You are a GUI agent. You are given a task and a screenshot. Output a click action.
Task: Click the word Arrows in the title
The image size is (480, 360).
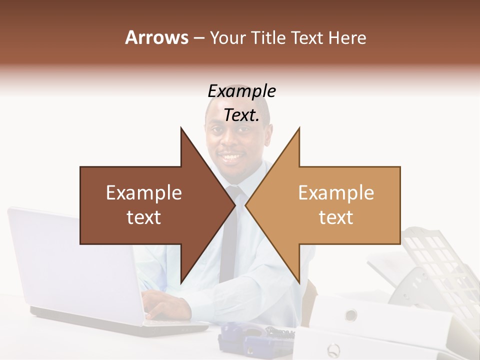pyautogui.click(x=156, y=37)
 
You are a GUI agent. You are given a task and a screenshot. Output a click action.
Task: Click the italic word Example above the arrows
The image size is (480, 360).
pyautogui.click(x=241, y=91)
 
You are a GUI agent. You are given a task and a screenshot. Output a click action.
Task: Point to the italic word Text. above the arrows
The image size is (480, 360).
pyautogui.click(x=241, y=115)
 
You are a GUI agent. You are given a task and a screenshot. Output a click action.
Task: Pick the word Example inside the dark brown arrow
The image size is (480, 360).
pyautogui.click(x=144, y=193)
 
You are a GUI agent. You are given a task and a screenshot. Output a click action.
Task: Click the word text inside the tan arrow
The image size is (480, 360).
pyautogui.click(x=336, y=217)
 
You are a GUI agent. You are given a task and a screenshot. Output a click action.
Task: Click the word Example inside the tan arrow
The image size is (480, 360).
pyautogui.click(x=336, y=193)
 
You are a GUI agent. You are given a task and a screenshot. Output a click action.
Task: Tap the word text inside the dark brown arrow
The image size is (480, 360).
pyautogui.click(x=144, y=217)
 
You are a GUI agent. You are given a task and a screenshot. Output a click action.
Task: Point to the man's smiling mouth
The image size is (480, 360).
pyautogui.click(x=231, y=158)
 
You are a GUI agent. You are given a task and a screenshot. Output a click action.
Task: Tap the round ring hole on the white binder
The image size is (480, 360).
pyautogui.click(x=351, y=315)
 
